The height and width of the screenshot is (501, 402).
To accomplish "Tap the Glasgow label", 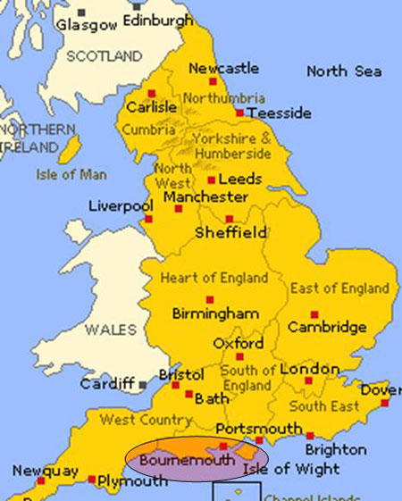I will click(87, 25).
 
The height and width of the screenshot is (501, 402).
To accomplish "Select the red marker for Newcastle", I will click(188, 82).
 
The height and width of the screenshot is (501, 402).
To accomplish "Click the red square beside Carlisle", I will click(152, 93).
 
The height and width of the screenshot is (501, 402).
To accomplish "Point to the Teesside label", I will click(281, 113).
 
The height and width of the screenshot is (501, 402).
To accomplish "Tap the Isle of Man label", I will click(71, 175).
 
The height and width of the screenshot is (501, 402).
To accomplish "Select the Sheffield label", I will click(230, 233).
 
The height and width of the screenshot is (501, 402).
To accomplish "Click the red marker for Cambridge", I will click(314, 314).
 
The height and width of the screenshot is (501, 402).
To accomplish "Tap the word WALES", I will click(111, 330).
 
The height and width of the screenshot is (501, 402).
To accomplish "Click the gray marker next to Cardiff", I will click(142, 385).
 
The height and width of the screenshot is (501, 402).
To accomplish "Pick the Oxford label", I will click(238, 343).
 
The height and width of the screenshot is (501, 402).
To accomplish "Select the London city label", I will click(310, 369).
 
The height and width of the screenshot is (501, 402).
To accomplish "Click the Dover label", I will click(381, 389).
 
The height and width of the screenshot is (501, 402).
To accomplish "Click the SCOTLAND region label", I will click(105, 56).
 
